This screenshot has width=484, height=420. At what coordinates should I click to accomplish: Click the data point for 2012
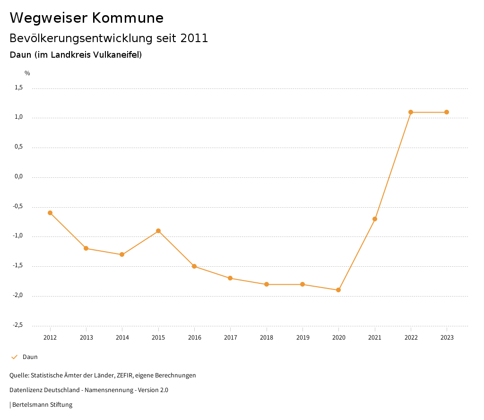click(x=50, y=213)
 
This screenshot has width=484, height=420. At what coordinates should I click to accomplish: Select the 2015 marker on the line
click(x=158, y=231)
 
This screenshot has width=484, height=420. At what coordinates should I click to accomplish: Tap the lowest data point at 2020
click(x=338, y=290)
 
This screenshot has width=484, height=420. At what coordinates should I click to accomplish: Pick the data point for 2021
click(x=375, y=219)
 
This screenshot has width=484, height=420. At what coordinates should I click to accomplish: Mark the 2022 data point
click(x=411, y=112)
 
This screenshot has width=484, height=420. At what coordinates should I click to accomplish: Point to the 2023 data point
click(x=447, y=112)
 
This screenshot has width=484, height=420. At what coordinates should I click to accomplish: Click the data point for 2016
click(x=194, y=266)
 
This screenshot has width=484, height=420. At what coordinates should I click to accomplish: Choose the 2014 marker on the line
click(x=122, y=254)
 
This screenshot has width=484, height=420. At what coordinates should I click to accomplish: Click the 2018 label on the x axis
click(x=267, y=338)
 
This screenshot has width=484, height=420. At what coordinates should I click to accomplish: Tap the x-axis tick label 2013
click(x=86, y=338)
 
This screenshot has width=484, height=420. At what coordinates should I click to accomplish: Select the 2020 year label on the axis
click(x=338, y=338)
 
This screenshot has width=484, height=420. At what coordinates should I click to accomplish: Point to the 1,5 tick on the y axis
click(x=18, y=87)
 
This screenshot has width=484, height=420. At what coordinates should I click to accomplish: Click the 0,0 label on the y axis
click(x=18, y=177)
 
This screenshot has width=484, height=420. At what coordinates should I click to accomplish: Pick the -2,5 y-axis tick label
click(x=17, y=325)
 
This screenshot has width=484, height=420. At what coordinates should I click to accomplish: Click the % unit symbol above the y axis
click(x=27, y=73)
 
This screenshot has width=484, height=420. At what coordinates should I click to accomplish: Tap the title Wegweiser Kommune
click(x=86, y=18)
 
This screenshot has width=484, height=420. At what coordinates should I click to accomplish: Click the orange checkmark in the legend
click(x=14, y=357)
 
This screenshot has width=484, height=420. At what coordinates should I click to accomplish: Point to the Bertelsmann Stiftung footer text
click(x=42, y=405)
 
